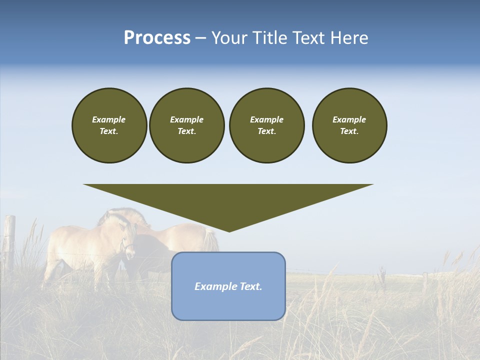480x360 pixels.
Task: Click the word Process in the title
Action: click(157, 38)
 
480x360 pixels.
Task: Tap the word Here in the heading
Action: click(348, 38)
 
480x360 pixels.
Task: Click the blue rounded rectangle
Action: click(228, 305)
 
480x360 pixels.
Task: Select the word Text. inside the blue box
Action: click(251, 286)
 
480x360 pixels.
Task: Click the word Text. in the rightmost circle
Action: click(349, 131)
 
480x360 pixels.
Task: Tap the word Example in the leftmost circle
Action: click(109, 119)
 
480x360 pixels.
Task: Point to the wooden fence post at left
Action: click(9, 240)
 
